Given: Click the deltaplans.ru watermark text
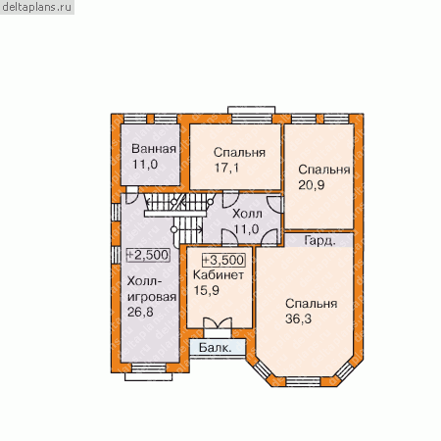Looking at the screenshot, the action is (36, 7).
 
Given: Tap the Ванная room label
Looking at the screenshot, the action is (154, 149).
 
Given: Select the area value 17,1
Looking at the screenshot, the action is (226, 168).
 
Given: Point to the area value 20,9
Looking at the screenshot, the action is (312, 185).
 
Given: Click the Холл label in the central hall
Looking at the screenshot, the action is (247, 214).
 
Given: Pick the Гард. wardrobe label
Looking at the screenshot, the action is (319, 241).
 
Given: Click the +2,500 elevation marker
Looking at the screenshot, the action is (148, 255).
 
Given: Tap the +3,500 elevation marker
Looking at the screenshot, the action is (223, 260).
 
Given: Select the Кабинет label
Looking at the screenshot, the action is (219, 275).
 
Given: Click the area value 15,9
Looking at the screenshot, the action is (207, 290).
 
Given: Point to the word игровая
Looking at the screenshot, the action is (152, 297).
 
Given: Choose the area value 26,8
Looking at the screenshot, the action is (140, 312).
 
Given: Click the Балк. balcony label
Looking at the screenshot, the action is (216, 348).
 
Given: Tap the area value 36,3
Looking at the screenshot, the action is (298, 318).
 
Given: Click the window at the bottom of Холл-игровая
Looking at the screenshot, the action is (149, 368).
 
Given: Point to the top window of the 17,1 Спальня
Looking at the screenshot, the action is (252, 119).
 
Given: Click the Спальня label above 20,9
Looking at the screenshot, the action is (324, 170).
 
